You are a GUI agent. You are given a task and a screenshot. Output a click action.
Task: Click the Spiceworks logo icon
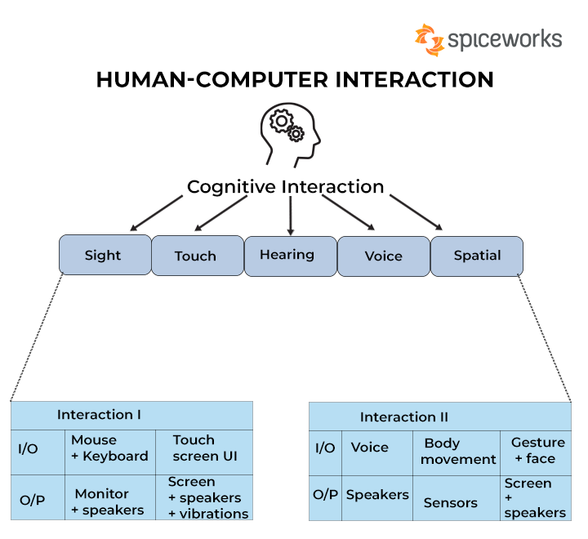(x=430, y=40)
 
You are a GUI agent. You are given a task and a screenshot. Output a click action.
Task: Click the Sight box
(x=105, y=255)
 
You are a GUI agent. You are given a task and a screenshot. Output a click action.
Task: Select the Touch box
(x=198, y=256)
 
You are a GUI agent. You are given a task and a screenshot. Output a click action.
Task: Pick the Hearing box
(x=290, y=256)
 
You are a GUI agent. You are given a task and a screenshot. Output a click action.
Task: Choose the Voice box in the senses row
(x=384, y=256)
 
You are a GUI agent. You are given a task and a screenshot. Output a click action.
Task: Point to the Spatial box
(x=477, y=256)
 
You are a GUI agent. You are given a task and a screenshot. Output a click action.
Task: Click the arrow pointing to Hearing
(x=290, y=216)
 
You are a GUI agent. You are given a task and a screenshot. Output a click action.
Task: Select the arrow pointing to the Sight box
(x=156, y=213)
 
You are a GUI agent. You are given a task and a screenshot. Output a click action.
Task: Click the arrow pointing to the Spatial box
(x=416, y=212)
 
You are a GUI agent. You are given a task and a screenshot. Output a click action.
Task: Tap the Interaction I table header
(x=131, y=416)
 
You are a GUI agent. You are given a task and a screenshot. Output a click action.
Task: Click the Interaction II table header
(x=440, y=416)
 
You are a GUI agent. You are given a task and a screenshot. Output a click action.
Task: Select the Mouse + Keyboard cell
(x=110, y=452)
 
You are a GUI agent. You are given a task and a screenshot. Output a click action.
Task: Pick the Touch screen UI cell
(x=204, y=452)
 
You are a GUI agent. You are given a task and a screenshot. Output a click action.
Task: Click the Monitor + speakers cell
(x=110, y=497)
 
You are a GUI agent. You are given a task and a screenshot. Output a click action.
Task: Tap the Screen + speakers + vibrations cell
(x=204, y=497)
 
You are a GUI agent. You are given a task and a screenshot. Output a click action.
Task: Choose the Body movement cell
(x=457, y=453)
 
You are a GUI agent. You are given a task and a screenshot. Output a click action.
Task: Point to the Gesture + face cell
(x=536, y=453)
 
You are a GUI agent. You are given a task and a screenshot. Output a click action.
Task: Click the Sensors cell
(x=457, y=498)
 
